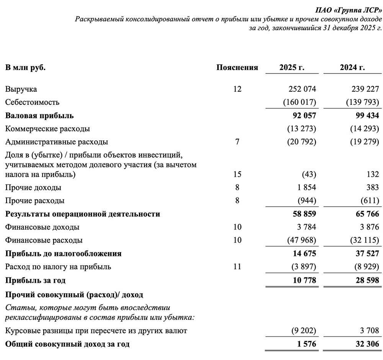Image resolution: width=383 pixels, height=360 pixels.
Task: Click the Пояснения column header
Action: [x=237, y=68]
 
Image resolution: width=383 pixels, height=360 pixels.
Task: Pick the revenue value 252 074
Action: [x=302, y=89]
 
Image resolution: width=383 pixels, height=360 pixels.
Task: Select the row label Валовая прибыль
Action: [x=39, y=116]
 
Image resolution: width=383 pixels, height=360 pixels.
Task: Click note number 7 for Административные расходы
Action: [x=237, y=142]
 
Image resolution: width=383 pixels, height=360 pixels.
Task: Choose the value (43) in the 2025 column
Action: [x=309, y=175]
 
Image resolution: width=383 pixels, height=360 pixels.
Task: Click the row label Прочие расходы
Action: [x=35, y=201]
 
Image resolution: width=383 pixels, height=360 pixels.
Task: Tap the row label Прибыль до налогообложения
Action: [x=63, y=254]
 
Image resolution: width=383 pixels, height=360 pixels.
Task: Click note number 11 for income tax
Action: [x=237, y=267]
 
